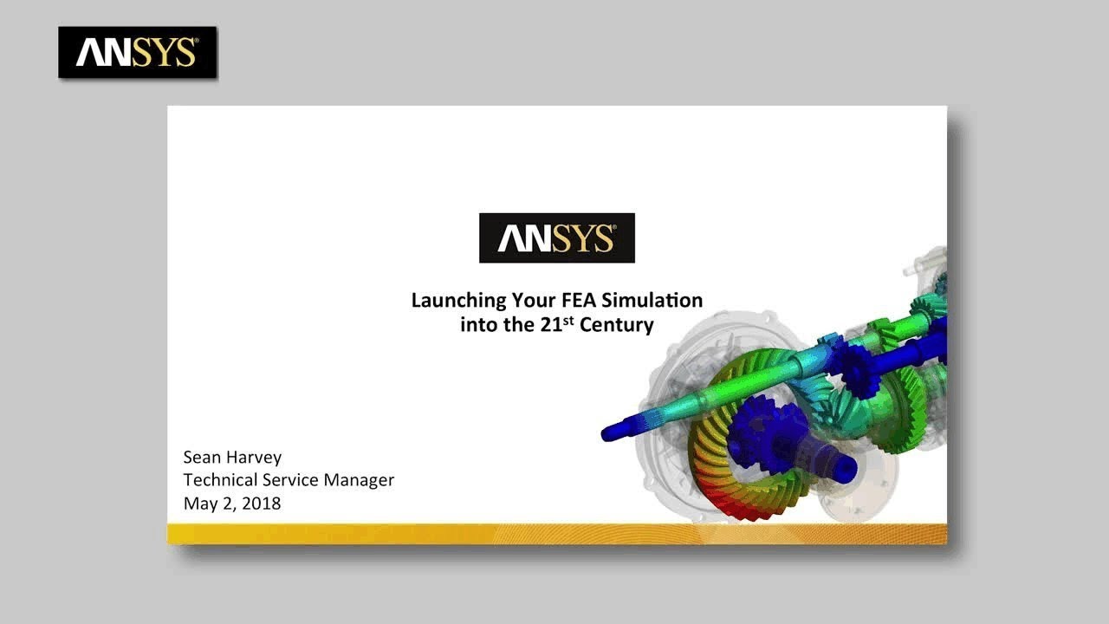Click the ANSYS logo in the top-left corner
coord(137,52)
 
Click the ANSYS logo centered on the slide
coord(556,237)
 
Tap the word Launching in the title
coord(457,301)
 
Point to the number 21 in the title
coord(552,326)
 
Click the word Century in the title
coord(617,326)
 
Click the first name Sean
coord(203,457)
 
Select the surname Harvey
coord(255,457)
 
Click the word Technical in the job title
coord(221,479)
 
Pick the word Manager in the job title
coord(359,479)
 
